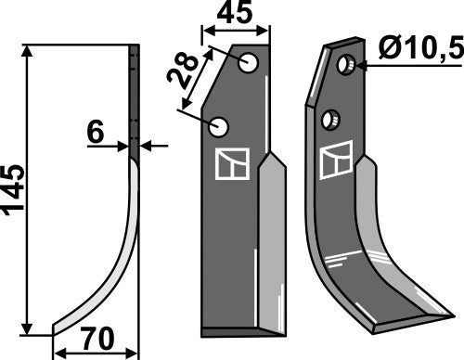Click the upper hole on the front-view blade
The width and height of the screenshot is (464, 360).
click(248, 63)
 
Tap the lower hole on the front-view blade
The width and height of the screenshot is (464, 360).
click(220, 125)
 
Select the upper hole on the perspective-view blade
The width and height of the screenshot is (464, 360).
click(345, 65)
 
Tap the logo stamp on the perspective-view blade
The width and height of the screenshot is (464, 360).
click(333, 163)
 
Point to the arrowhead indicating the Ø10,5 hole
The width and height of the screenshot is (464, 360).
click(358, 65)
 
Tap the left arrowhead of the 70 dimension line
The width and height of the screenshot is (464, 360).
click(58, 353)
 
